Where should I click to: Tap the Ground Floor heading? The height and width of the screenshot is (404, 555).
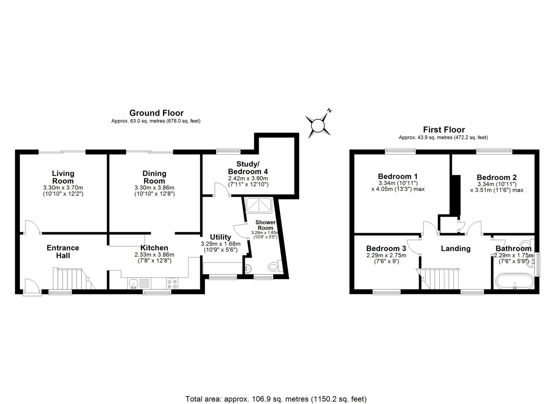156,113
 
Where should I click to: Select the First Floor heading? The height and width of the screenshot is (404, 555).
444,130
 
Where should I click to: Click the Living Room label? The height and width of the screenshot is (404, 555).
63,177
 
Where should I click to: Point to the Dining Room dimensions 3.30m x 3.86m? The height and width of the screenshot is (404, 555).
154,188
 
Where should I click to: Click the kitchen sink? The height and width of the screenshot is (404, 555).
134,283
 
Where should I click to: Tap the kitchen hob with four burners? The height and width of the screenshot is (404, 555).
172,283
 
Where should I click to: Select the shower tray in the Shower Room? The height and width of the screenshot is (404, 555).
258,205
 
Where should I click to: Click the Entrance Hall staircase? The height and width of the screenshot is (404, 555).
74,279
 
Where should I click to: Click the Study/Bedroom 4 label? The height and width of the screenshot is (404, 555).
248,168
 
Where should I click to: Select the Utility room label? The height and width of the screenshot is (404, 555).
220,237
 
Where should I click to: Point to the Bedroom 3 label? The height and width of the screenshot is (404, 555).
386,248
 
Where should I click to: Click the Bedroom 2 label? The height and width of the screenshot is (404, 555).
497,177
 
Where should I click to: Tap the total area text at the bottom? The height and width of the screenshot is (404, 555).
276,399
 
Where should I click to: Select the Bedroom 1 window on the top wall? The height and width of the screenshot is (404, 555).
400,151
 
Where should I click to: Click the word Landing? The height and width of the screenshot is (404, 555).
456,249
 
